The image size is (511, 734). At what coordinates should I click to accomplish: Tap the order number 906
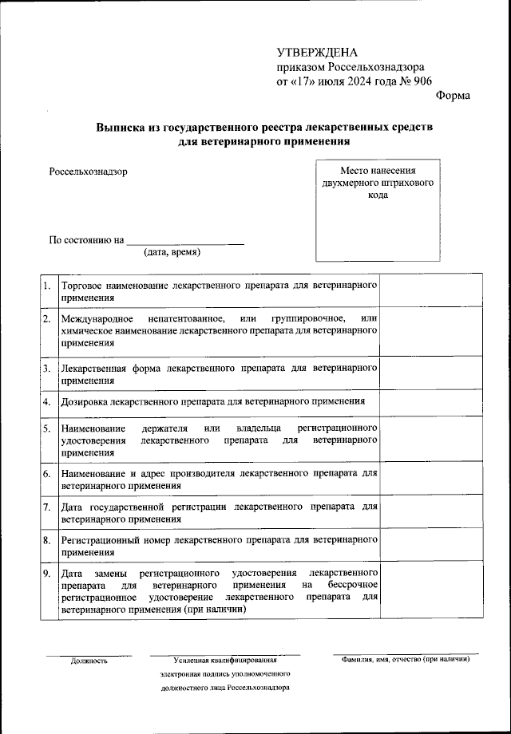pos(421,81)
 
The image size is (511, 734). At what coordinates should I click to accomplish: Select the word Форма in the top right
pos(454,96)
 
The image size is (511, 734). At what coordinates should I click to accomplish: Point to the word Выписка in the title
pos(121,128)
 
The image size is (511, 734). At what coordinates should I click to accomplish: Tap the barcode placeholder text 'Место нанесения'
pos(378,170)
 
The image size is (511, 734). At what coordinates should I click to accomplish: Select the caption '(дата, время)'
pos(172,253)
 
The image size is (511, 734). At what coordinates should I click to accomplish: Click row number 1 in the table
pos(47,285)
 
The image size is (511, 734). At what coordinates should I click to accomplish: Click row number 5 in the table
pos(47,428)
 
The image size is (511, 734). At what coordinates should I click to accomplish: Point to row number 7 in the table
pos(47,507)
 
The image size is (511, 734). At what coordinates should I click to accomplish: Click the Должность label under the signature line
pos(89,661)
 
